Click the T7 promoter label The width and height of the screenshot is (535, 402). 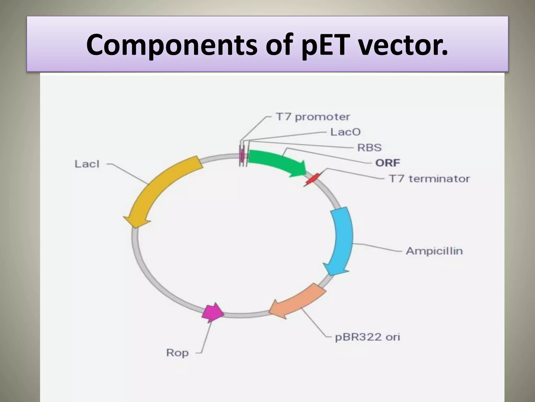[313, 117]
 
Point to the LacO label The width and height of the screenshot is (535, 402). [345, 132]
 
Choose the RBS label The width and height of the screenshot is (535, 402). [369, 148]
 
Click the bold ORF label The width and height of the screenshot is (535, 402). [387, 163]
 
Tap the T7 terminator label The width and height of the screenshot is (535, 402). [429, 179]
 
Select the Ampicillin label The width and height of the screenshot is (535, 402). [434, 251]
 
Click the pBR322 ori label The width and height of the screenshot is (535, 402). [367, 337]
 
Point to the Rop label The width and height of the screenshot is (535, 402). [177, 353]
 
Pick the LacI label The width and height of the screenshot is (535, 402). [87, 164]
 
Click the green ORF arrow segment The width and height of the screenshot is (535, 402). [274, 162]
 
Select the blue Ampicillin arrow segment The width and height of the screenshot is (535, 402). [341, 241]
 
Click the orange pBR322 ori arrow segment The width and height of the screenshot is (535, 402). [298, 301]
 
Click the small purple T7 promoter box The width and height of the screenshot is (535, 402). [242, 156]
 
